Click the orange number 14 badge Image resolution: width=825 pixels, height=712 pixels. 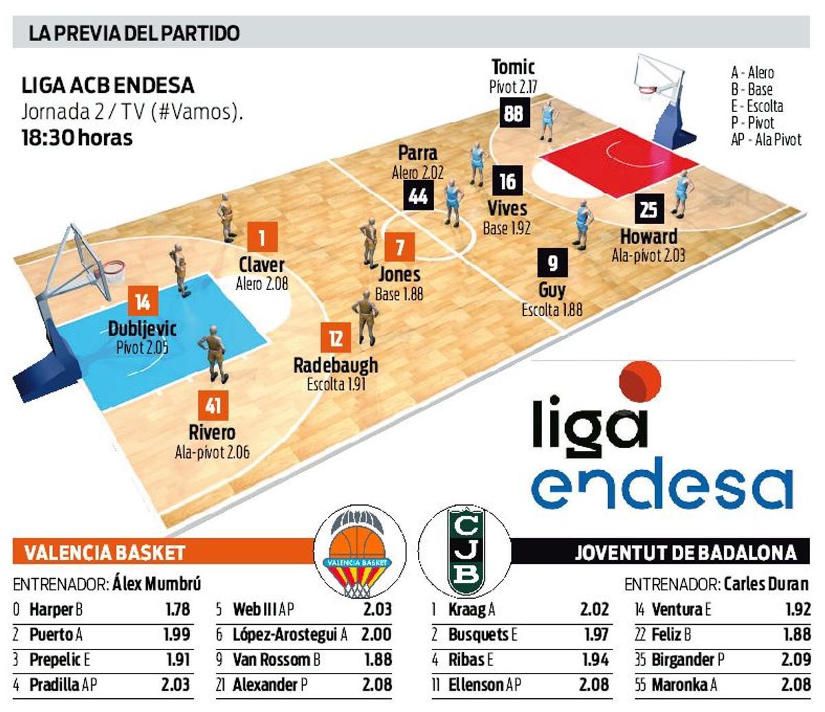(143, 302)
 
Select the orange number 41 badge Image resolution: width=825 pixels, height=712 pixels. (212, 405)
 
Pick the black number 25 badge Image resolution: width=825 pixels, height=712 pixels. (648, 209)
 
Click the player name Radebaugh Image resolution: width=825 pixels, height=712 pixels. (335, 365)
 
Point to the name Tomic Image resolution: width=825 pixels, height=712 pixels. (513, 67)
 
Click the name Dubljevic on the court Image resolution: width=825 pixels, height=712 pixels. (142, 329)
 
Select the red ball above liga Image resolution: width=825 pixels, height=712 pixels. (640, 382)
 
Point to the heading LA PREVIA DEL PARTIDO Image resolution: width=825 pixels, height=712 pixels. (134, 33)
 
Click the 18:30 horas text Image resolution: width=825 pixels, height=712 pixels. (76, 137)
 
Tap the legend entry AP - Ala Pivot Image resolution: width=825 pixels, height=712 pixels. (766, 140)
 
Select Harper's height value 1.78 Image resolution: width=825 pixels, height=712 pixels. (177, 610)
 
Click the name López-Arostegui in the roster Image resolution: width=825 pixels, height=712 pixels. (285, 635)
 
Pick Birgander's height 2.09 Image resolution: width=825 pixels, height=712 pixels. (796, 660)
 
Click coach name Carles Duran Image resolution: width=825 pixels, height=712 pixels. (766, 585)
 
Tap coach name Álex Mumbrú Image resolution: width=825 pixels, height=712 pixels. (157, 585)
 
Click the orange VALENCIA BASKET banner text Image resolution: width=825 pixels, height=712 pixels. (104, 553)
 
